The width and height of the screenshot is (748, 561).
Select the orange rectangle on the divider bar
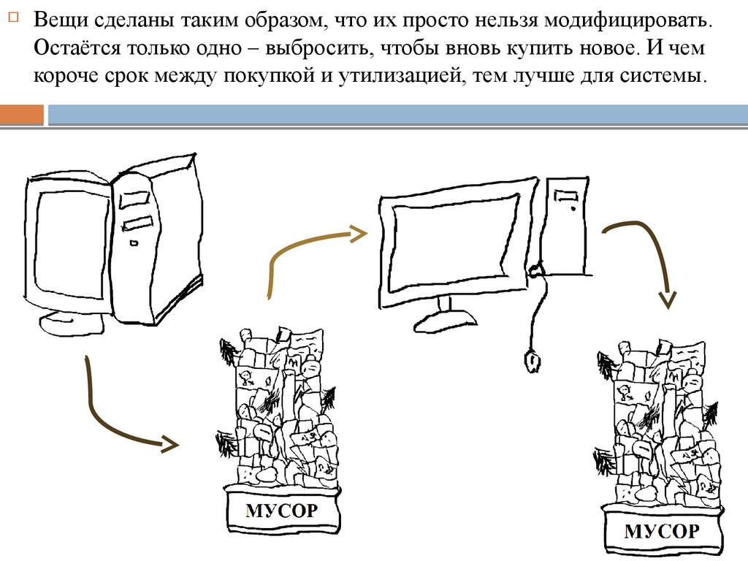point(22,115)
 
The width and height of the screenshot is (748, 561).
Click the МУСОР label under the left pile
point(282,509)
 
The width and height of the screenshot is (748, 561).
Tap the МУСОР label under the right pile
point(662,531)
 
